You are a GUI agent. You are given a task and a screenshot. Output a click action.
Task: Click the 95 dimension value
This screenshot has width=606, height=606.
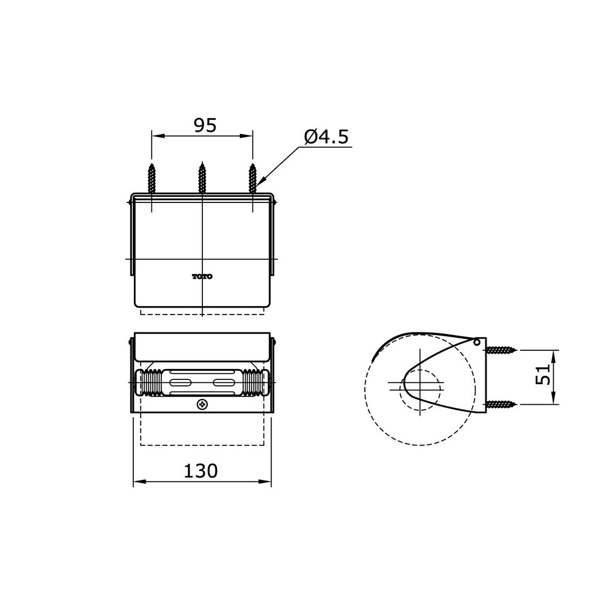click(205, 125)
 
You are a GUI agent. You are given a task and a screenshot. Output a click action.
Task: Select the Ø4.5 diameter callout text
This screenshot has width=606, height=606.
click(327, 137)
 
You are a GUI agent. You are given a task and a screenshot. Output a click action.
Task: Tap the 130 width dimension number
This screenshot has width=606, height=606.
click(201, 471)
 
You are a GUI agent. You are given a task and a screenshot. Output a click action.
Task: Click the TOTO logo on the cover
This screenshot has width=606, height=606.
click(202, 277)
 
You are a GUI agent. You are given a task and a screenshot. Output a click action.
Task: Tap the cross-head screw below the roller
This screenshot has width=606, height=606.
click(202, 405)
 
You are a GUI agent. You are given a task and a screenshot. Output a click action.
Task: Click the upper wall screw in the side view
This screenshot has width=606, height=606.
click(501, 350)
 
